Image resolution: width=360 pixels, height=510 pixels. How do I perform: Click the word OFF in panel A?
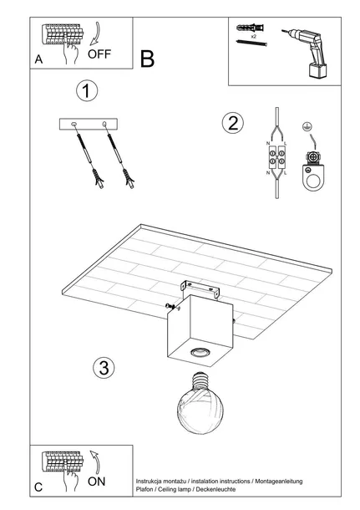click(x=99, y=54)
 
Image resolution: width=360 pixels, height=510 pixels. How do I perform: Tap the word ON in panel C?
click(x=97, y=482)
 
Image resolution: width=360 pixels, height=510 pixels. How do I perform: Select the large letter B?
click(x=147, y=59)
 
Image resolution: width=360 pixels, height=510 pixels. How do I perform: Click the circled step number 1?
click(x=87, y=91)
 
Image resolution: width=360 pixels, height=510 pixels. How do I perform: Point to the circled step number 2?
click(x=233, y=123)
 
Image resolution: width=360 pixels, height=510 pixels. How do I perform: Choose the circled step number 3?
click(x=104, y=368)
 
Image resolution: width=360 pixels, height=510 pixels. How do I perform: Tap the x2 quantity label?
click(x=254, y=37)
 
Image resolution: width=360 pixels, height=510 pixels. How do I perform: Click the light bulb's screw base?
click(x=200, y=381)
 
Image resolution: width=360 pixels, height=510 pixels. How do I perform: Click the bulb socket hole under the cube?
click(x=199, y=352)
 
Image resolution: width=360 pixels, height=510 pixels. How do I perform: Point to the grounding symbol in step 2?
click(x=305, y=126)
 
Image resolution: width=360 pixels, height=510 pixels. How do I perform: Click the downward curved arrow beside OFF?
click(x=95, y=33)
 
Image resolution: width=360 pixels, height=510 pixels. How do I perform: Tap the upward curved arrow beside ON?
click(x=95, y=462)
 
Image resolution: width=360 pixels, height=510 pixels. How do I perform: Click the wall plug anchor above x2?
click(x=250, y=28)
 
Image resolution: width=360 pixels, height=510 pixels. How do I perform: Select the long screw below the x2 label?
click(x=251, y=43)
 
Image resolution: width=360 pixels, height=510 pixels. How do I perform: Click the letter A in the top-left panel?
click(x=38, y=59)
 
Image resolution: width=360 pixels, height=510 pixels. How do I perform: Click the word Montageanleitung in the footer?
click(x=278, y=481)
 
